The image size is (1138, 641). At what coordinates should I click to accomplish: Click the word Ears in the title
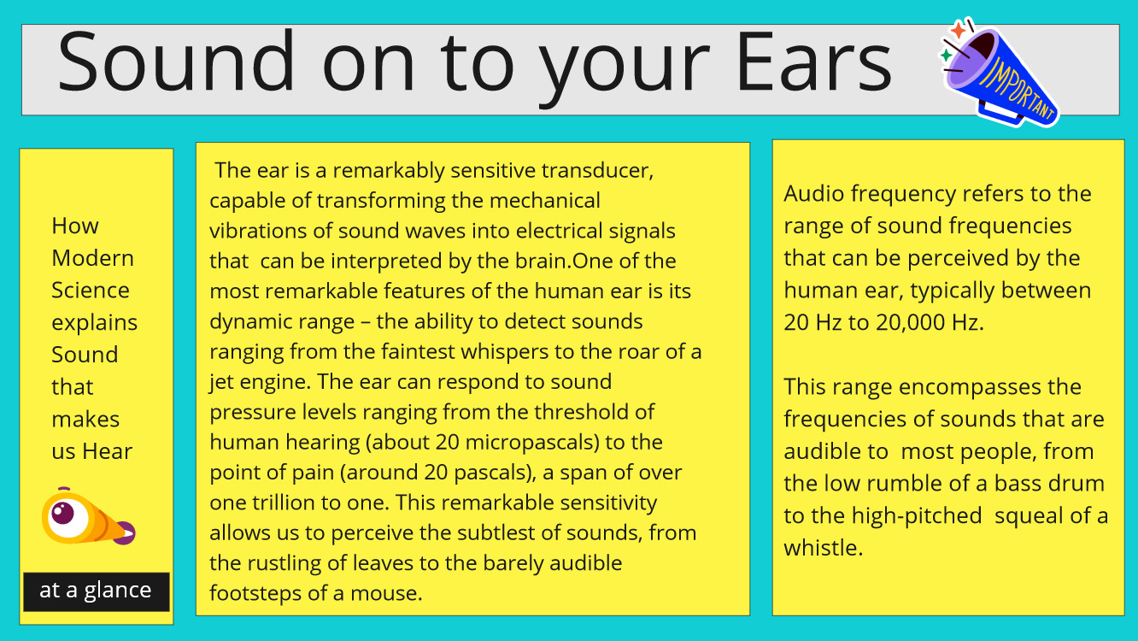tap(814, 62)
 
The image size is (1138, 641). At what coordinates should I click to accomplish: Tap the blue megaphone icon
tap(1000, 76)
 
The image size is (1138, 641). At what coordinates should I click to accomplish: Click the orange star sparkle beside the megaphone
tap(959, 30)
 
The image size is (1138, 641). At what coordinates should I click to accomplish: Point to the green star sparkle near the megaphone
tap(946, 55)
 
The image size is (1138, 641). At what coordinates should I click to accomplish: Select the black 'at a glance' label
tap(96, 591)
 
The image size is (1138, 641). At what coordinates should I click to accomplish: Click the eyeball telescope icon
tap(88, 517)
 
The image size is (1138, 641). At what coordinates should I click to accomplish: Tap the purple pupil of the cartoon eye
tap(63, 513)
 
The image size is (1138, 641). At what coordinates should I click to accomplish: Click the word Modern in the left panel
tap(92, 258)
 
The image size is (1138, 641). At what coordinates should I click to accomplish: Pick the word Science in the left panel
tap(91, 291)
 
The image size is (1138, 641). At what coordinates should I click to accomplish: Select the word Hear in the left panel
tap(107, 451)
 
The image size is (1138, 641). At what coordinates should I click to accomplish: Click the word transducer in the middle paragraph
tap(597, 170)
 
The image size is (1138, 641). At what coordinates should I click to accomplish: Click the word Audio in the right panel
tap(814, 194)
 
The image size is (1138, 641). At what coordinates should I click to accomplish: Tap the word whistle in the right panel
tap(823, 548)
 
